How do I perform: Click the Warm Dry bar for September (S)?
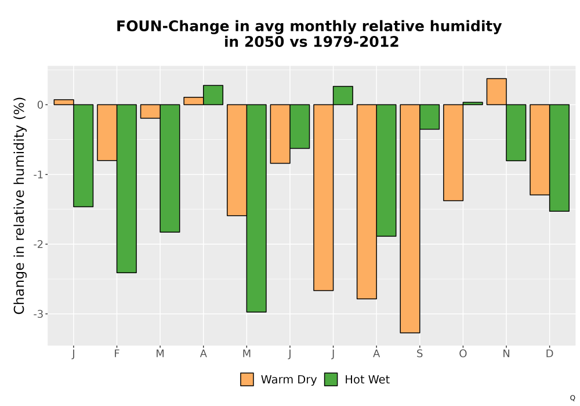tap(410, 219)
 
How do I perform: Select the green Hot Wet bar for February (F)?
tap(126, 188)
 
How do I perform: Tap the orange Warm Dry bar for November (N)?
tap(496, 92)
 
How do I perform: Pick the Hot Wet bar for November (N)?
tap(516, 133)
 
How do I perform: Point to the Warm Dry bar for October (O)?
tap(453, 153)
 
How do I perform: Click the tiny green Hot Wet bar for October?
tap(473, 104)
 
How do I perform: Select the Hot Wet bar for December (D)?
tap(559, 158)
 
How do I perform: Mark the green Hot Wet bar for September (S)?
tap(429, 117)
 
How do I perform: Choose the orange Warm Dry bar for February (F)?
tap(107, 132)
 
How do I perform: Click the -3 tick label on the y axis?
tap(38, 314)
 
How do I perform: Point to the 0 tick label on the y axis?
tap(41, 105)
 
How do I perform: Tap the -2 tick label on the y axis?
tap(38, 244)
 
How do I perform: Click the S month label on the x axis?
tap(419, 354)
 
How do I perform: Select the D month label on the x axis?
tap(550, 354)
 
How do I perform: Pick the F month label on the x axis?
tap(117, 354)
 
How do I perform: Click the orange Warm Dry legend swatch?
tap(247, 379)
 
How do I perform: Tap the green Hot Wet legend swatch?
tap(331, 379)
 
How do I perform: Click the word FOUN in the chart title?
tap(139, 27)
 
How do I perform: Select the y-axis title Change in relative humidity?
tap(19, 205)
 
